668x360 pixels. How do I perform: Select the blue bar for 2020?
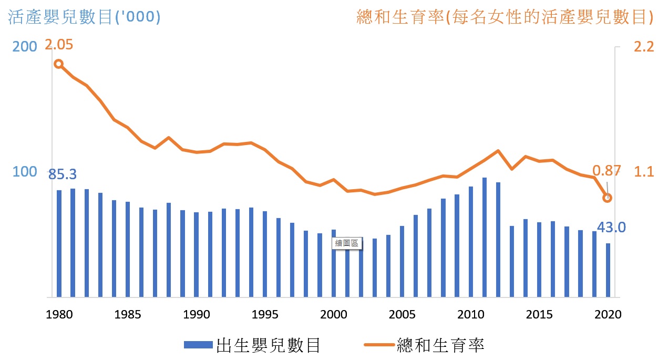tap(608, 270)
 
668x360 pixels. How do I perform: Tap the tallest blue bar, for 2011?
tap(484, 238)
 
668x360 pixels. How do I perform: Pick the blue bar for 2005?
tap(402, 262)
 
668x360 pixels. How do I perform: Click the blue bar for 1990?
tap(196, 255)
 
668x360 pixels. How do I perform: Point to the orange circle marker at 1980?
tap(59, 64)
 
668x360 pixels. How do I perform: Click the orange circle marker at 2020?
tap(607, 198)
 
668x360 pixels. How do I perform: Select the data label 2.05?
tap(59, 45)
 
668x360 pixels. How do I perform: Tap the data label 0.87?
tap(607, 170)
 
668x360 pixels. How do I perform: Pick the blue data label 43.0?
tap(611, 228)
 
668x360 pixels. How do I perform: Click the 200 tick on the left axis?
tap(25, 47)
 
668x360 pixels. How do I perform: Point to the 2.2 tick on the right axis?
tap(644, 47)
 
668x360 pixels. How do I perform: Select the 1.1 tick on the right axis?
tap(644, 172)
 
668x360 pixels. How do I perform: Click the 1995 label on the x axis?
tap(265, 315)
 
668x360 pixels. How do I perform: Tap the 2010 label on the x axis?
tap(470, 315)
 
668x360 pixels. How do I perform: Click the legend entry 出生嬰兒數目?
tap(253, 345)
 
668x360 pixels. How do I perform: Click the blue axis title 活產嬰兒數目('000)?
tap(84, 17)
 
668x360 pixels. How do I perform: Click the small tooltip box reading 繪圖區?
tap(346, 243)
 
